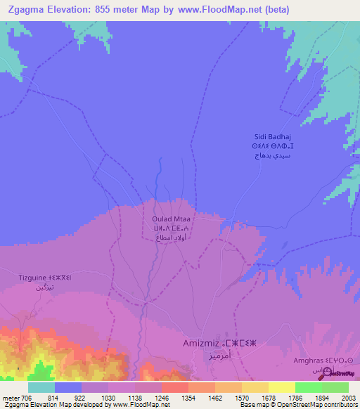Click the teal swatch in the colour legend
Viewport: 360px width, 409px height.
coord(41,387)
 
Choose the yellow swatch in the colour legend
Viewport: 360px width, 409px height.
coord(281,387)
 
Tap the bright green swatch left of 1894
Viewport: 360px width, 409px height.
coord(308,387)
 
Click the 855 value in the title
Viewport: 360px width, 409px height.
coord(110,9)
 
